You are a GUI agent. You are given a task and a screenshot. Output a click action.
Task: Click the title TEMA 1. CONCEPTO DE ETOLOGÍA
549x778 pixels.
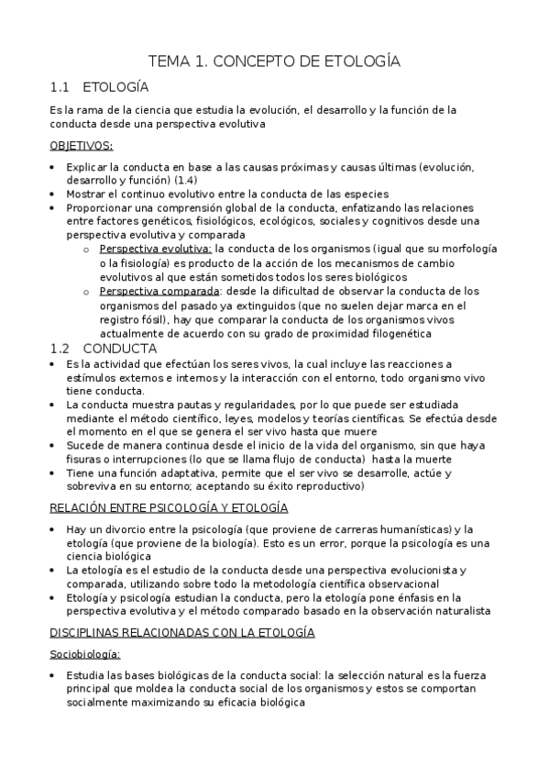[x=275, y=61]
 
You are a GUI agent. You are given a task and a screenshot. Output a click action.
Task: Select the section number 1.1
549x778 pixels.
[x=60, y=88]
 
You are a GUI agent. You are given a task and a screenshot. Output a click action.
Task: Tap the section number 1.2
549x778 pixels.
[x=60, y=348]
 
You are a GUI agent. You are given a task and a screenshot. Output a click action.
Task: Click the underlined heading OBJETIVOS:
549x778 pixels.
[x=81, y=145]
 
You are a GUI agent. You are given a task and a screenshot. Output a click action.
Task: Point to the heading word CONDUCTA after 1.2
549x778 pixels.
[x=119, y=348]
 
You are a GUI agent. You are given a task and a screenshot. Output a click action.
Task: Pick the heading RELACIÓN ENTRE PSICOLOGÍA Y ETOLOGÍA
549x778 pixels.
[x=169, y=507]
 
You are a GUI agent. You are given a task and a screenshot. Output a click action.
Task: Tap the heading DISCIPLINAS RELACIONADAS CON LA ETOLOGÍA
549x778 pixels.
[x=182, y=632]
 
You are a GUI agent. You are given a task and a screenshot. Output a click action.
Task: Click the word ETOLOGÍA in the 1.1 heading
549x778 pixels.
[x=123, y=88]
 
